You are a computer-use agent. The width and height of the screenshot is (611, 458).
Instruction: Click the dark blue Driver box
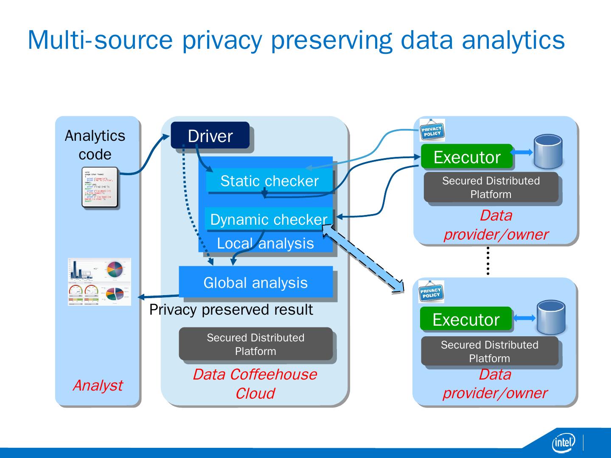[x=210, y=135]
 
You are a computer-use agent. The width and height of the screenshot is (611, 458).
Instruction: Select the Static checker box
[x=269, y=181]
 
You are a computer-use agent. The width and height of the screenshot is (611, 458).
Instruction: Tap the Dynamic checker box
[x=269, y=219]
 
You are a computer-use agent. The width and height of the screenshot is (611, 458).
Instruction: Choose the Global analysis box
[x=255, y=282]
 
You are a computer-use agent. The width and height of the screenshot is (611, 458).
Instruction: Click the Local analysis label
[x=265, y=243]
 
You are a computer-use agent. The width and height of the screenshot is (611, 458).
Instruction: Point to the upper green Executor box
[x=467, y=157]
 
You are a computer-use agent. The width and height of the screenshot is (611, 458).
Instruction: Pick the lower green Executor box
[x=466, y=319]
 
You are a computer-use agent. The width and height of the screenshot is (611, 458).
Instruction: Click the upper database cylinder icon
[x=548, y=152]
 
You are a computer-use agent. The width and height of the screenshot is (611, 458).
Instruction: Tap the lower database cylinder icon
[x=551, y=317]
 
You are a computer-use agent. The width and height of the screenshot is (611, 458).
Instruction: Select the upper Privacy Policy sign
[x=432, y=130]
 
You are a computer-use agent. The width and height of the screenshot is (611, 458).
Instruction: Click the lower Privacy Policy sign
[x=431, y=292]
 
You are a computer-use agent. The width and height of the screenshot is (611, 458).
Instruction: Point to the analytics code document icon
[x=100, y=187]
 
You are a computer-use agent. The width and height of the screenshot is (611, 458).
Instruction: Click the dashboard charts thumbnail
[x=99, y=282]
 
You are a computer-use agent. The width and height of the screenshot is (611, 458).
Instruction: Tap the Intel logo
[x=563, y=443]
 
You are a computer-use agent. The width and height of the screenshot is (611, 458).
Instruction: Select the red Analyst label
[x=98, y=385]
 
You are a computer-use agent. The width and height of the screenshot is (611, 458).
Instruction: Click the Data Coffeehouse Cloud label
[x=255, y=384]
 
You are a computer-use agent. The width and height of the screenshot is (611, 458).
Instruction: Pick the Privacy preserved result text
[x=231, y=310]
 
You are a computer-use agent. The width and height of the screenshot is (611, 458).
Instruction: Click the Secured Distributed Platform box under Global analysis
[x=255, y=344]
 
